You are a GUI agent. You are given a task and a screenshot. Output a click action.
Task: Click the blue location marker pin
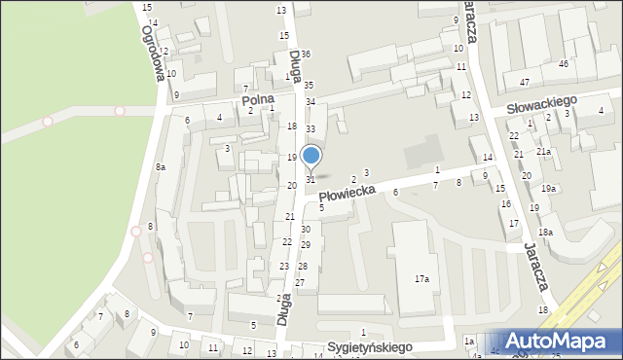311,156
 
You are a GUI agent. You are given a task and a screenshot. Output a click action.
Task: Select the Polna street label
258,99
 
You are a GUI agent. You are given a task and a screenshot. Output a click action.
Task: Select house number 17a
421,279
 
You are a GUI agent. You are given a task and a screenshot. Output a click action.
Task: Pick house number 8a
160,167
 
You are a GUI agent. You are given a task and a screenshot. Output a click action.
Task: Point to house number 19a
549,188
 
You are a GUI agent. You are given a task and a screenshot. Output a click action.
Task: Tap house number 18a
546,232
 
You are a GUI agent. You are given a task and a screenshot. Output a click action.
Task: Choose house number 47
525,82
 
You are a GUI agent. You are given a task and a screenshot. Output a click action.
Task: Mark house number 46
563,63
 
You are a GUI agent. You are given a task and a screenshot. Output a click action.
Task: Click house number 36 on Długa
306,54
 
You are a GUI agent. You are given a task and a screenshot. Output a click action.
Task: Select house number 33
311,128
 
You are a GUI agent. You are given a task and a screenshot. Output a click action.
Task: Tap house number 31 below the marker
311,179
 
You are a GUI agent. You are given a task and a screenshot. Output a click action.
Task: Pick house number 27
300,282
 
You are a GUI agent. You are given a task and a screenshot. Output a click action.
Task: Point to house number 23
284,266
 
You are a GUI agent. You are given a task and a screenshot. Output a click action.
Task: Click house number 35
309,86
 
